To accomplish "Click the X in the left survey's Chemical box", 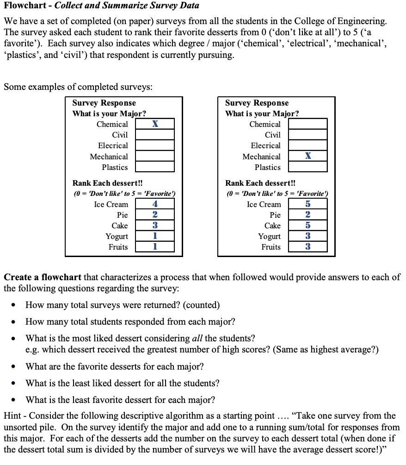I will pyautogui.click(x=155, y=124).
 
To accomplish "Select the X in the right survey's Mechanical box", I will pyautogui.click(x=308, y=156).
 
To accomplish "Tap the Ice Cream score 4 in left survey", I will pyautogui.click(x=155, y=204).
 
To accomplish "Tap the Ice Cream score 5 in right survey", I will pyautogui.click(x=308, y=204).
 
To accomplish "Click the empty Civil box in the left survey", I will pyautogui.click(x=155, y=135).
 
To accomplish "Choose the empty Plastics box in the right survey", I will pyautogui.click(x=308, y=167).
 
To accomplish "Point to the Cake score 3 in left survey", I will pyautogui.click(x=155, y=226).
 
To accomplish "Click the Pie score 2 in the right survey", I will pyautogui.click(x=308, y=215).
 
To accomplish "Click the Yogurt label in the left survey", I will pyautogui.click(x=117, y=236).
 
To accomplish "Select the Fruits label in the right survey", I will pyautogui.click(x=271, y=247).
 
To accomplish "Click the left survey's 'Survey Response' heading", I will pyautogui.click(x=104, y=103).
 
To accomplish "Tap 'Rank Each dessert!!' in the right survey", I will pyautogui.click(x=260, y=183).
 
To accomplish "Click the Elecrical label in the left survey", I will pyautogui.click(x=113, y=145).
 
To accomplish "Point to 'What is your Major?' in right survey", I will pyautogui.click(x=262, y=113).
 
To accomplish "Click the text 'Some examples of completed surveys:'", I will pyautogui.click(x=78, y=87).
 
